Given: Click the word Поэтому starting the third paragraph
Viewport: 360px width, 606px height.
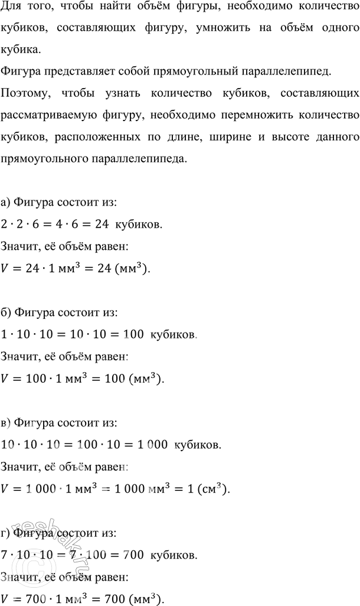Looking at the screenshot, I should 24,93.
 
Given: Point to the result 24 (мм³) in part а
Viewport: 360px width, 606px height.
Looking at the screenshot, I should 129,269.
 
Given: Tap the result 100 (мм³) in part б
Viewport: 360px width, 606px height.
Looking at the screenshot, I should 140,378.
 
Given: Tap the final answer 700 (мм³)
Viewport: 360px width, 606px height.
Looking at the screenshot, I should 141,598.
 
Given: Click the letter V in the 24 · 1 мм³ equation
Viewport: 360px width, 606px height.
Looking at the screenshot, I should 6,269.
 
